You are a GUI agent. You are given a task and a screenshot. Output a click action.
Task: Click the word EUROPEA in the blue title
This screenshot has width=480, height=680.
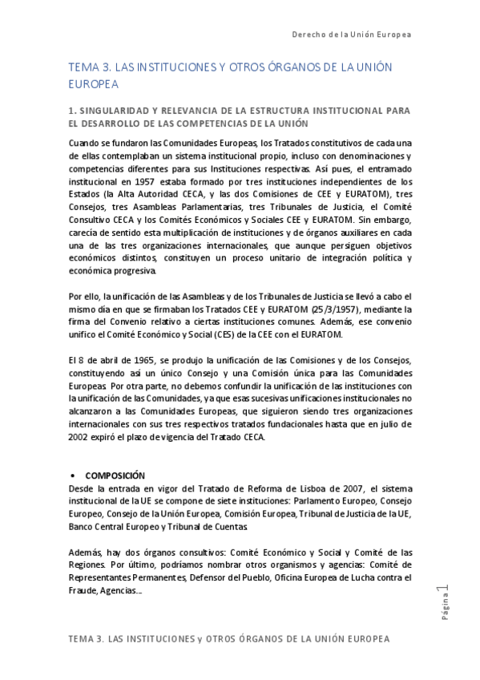pyautogui.click(x=93, y=83)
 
